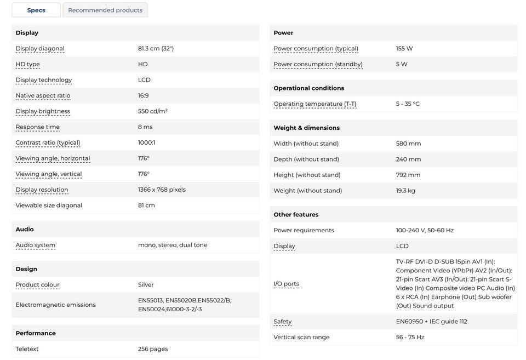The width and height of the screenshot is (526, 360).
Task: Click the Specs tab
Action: [36, 10]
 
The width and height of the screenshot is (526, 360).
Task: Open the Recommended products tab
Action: [105, 10]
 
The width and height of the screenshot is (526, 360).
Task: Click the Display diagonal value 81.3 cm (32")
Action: [156, 48]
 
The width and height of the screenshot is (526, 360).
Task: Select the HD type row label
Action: [28, 64]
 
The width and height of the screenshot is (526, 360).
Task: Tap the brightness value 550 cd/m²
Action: [153, 111]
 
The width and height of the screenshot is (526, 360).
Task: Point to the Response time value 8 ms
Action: [145, 127]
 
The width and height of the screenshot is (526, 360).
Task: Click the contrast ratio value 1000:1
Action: [146, 142]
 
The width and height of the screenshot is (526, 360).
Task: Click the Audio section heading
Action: [25, 229]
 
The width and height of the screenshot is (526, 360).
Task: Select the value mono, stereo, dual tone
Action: [173, 245]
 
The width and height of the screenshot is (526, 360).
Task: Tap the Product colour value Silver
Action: [146, 285]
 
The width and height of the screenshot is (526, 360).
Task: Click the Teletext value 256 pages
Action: [153, 349]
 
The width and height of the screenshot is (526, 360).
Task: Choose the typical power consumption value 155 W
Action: [404, 48]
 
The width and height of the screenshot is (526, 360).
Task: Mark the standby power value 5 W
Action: [402, 64]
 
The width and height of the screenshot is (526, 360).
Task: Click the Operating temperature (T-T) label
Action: [315, 104]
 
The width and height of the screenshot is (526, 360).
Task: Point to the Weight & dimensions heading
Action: [307, 128]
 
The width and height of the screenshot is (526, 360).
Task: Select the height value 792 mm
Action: [408, 175]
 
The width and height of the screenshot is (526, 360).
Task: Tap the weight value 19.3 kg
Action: [405, 191]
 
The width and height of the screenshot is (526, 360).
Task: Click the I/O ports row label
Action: [287, 284]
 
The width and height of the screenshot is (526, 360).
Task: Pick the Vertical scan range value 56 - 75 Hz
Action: [410, 337]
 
